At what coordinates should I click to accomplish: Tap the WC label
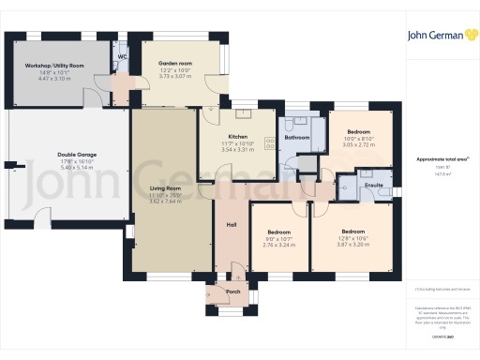click(x=122, y=56)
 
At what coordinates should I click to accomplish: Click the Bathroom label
click(x=297, y=138)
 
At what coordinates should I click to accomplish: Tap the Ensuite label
click(x=372, y=185)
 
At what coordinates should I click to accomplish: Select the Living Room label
click(x=165, y=189)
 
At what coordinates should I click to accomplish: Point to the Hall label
click(x=231, y=224)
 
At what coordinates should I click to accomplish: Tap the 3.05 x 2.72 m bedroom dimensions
click(x=359, y=146)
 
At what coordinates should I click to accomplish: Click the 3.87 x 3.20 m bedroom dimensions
click(x=352, y=244)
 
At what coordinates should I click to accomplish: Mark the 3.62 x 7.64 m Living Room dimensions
click(x=165, y=201)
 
